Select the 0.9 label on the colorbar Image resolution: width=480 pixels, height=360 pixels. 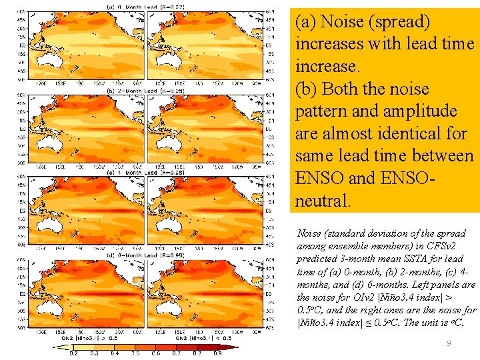click(217, 353)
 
